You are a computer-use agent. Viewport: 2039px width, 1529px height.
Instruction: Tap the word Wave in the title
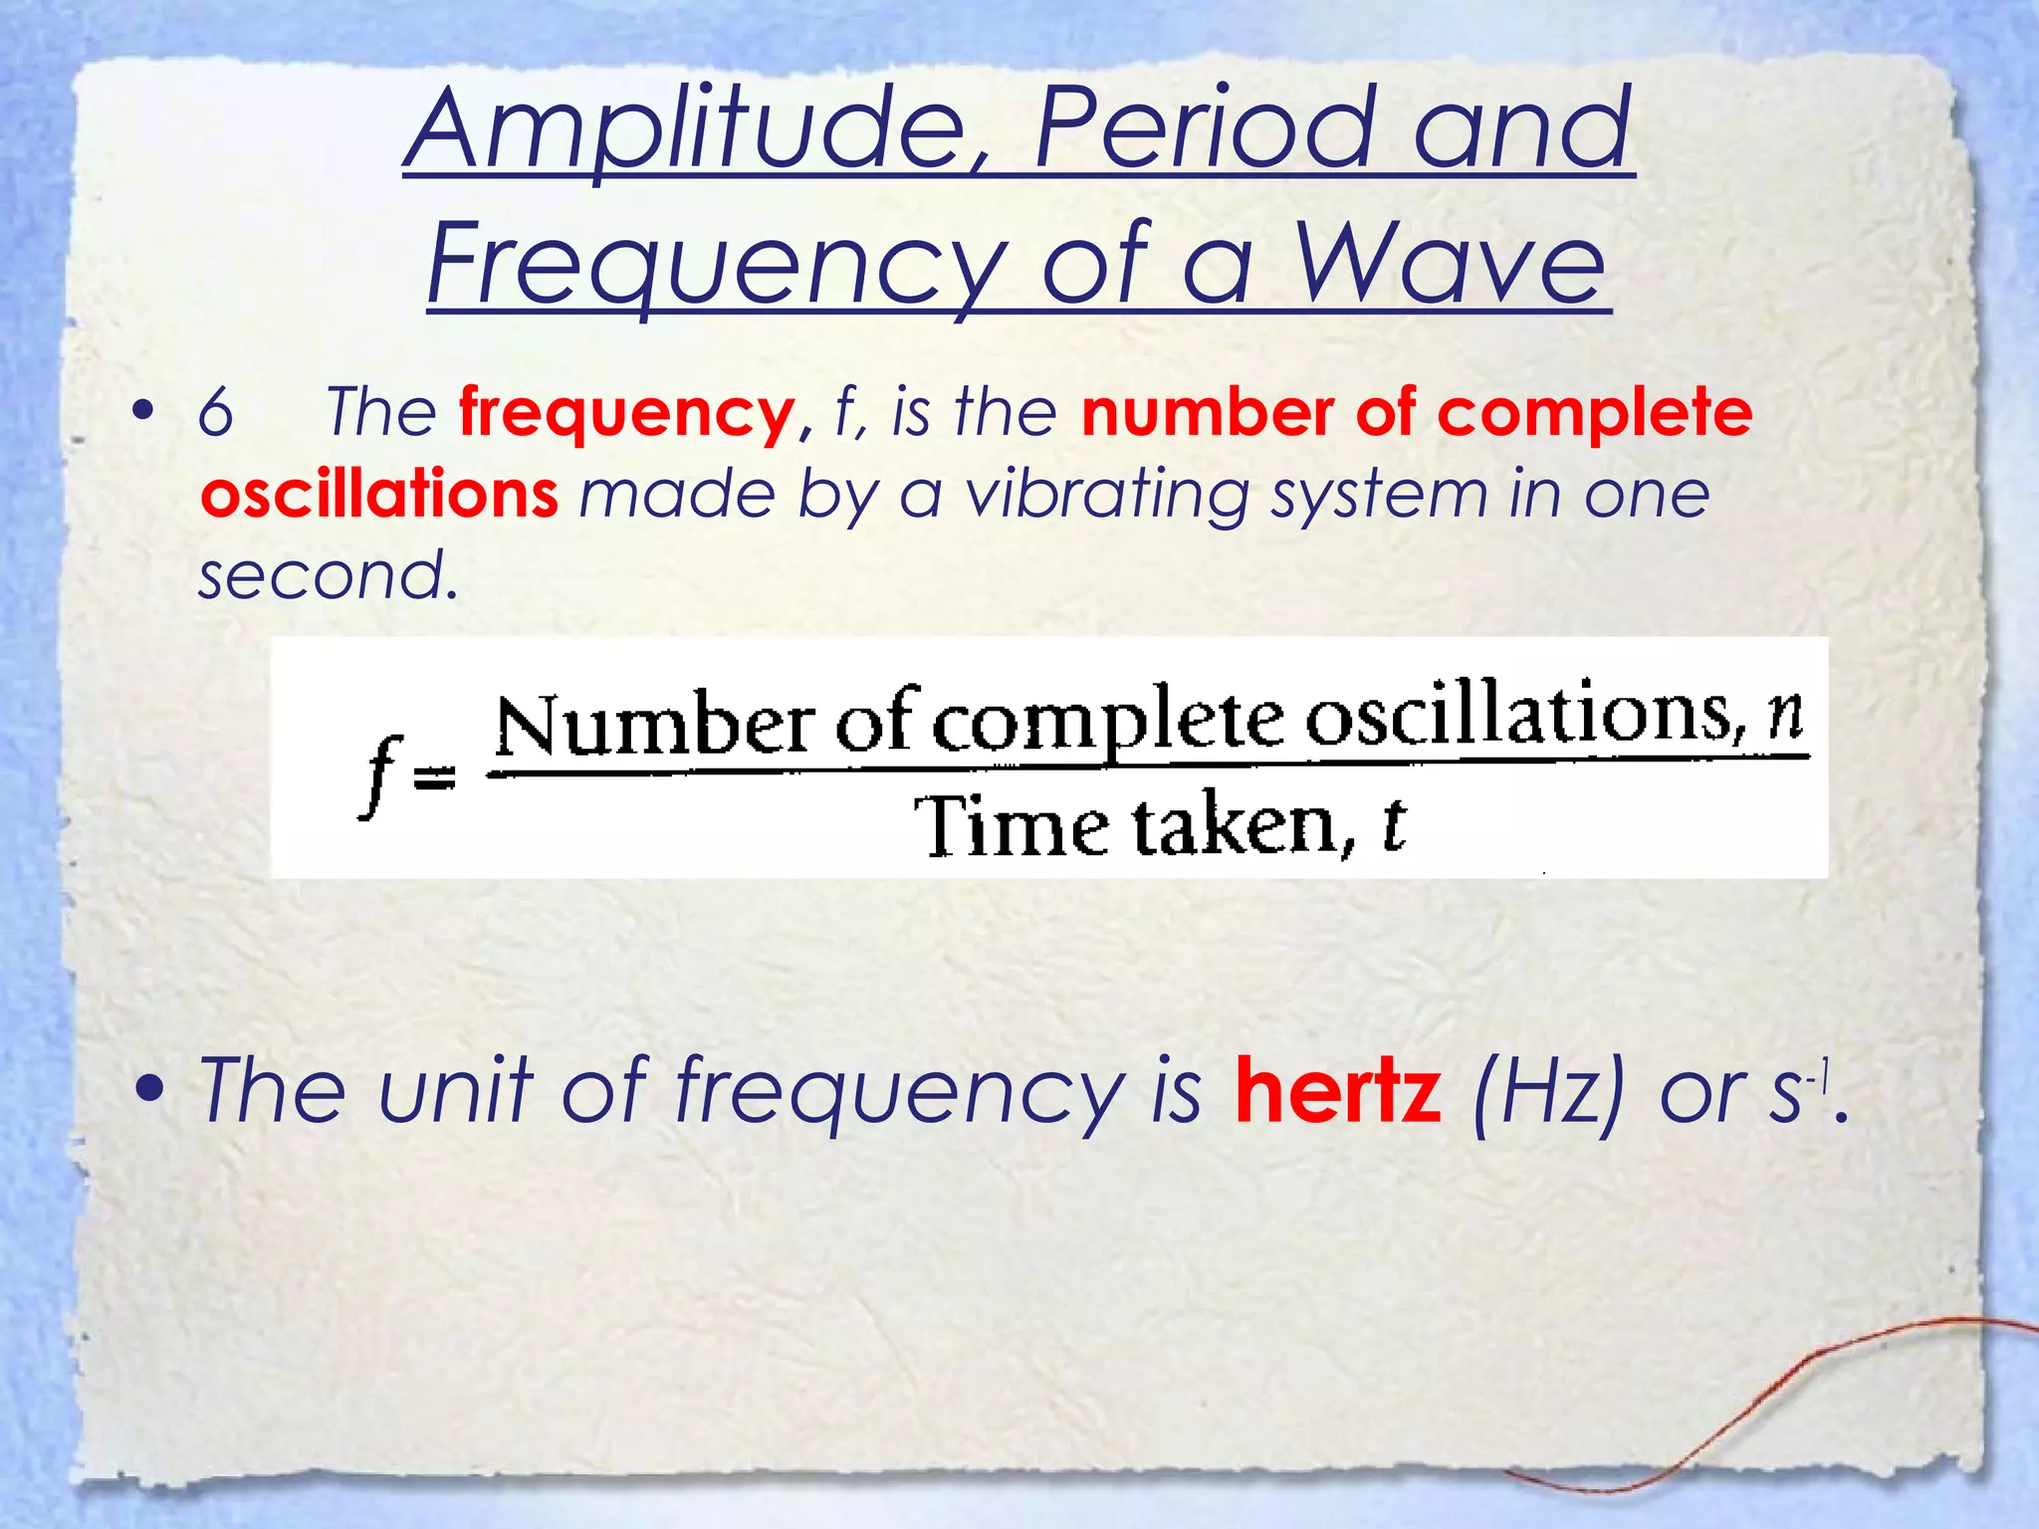point(1450,265)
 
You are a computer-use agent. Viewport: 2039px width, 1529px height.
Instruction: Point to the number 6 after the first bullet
point(215,412)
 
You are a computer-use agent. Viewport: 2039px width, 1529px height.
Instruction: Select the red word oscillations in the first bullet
point(379,495)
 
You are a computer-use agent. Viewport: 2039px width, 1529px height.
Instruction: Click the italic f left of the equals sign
point(379,775)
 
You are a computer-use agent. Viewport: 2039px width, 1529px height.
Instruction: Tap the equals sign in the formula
point(434,777)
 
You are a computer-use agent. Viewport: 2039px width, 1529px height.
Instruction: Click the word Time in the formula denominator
point(1012,826)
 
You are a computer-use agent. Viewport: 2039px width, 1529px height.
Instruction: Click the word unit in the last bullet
point(457,1091)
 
